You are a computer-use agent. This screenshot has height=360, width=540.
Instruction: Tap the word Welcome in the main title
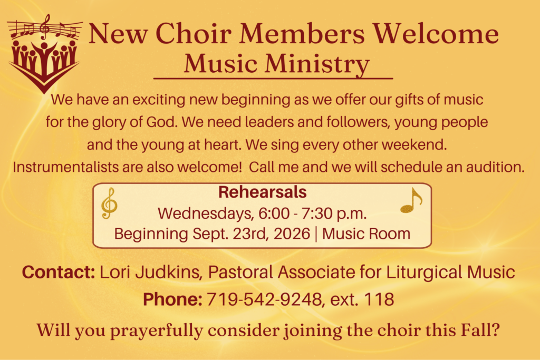(x=436, y=33)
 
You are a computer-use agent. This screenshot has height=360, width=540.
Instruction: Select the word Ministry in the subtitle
(x=317, y=64)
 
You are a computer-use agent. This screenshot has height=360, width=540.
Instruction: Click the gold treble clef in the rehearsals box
(x=109, y=203)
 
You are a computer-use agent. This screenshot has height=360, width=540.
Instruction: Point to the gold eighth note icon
(x=411, y=201)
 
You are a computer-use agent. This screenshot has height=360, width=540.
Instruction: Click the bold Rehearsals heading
(x=263, y=192)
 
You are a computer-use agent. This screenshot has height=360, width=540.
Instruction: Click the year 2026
(x=292, y=233)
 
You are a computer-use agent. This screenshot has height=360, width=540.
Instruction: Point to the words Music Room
(x=366, y=233)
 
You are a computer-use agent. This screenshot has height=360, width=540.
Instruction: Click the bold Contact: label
(x=59, y=272)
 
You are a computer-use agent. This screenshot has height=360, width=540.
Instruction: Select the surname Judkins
(x=167, y=272)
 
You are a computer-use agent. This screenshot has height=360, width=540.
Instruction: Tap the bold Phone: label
(x=172, y=299)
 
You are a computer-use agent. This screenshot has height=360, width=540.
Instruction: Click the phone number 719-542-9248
(x=265, y=299)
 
